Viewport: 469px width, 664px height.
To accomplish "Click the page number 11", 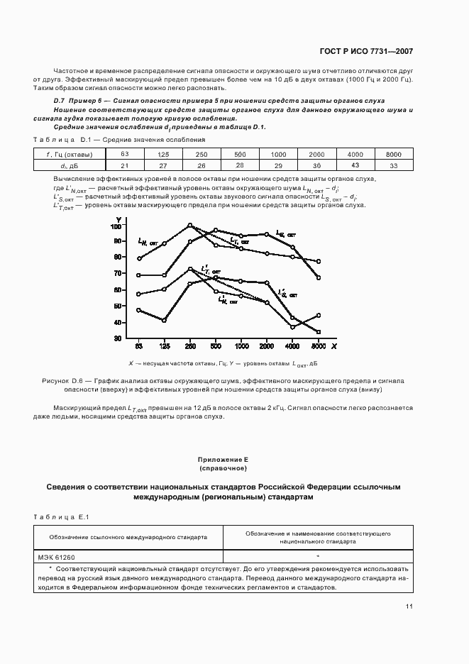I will pos(409,607).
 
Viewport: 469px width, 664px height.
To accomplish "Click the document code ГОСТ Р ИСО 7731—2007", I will pos(368,51).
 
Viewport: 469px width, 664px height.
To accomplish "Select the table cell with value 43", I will pos(355,165).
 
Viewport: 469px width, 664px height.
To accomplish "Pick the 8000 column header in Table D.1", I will pos(393,154).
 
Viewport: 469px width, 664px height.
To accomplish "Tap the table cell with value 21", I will pos(125,165).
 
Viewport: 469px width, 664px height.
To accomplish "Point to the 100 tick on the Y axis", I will pos(116,226).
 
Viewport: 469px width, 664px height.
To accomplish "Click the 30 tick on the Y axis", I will pos(118,339).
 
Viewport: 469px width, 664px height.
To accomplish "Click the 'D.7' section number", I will pos(60,101).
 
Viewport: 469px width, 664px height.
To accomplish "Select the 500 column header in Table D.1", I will pos(240,154).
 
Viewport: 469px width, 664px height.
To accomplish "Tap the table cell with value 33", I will pos(393,165).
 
